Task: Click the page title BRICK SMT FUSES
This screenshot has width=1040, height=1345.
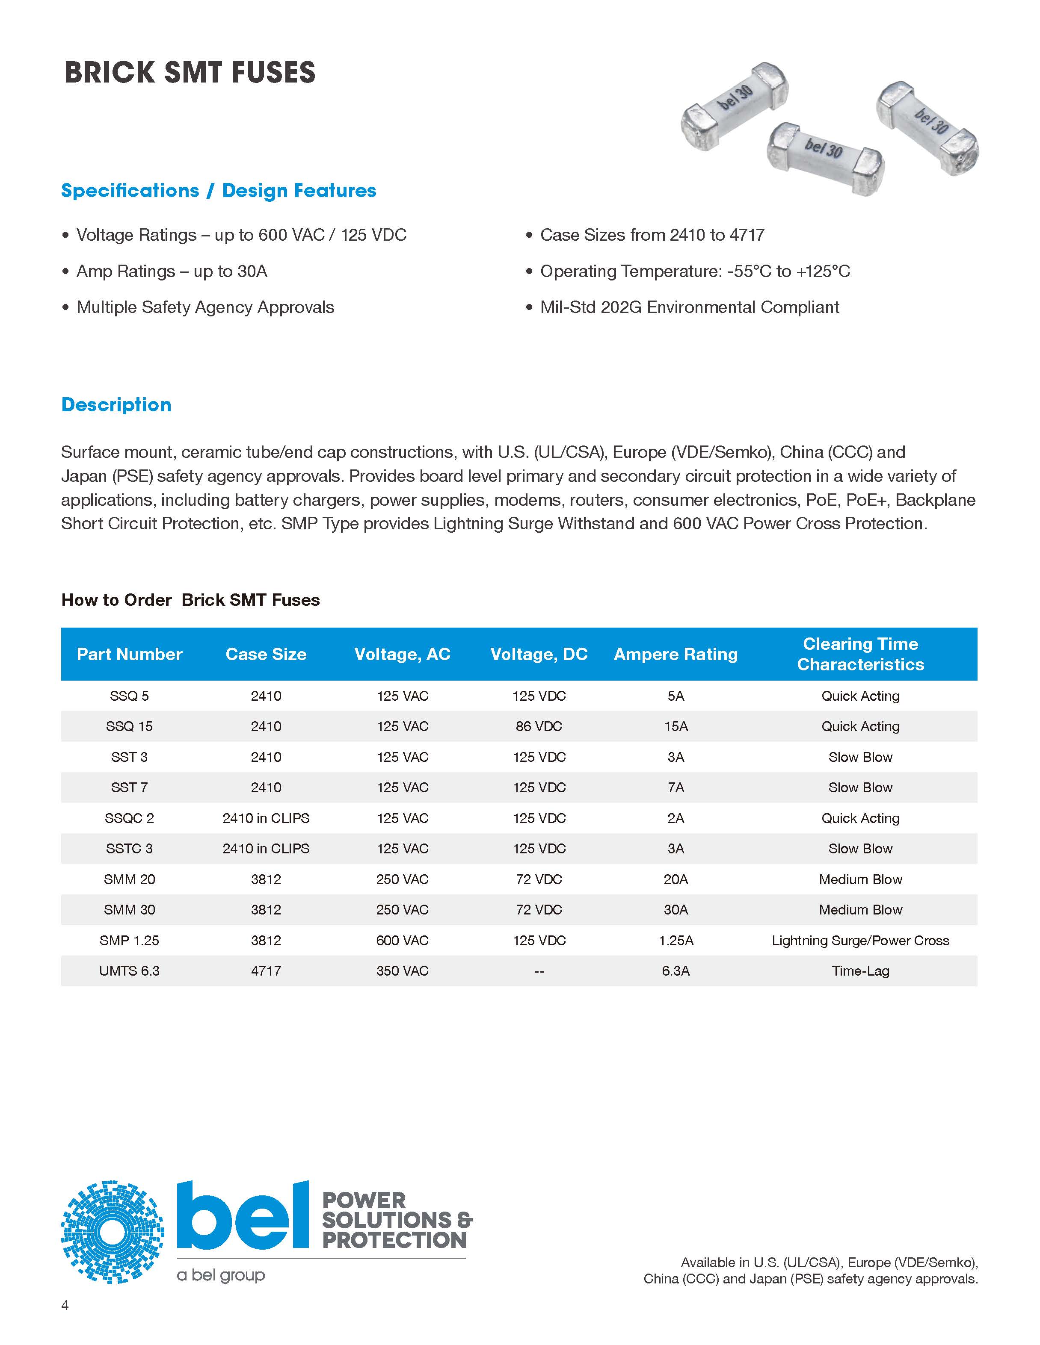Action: point(190,73)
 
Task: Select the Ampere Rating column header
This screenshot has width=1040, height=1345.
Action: point(675,654)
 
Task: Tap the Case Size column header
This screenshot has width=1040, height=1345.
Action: point(266,654)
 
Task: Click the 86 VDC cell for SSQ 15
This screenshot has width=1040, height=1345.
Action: point(539,726)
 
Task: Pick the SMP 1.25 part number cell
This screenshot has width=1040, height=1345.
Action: point(129,941)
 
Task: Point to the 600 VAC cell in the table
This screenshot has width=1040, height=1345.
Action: point(402,941)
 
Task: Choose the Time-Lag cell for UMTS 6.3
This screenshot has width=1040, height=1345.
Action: point(860,971)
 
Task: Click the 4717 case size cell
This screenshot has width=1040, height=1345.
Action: point(266,971)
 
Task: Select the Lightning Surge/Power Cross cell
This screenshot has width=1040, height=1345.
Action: point(860,941)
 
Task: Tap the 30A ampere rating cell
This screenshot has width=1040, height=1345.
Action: point(675,910)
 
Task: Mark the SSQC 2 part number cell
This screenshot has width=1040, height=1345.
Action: point(129,818)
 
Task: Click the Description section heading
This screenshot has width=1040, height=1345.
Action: point(116,404)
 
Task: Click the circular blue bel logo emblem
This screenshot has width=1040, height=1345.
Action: point(113,1232)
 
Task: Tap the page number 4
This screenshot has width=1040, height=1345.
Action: point(65,1305)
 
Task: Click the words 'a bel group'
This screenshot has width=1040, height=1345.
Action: point(221,1275)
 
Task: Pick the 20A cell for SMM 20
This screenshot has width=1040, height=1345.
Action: point(675,879)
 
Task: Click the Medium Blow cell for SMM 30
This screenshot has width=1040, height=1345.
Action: point(860,910)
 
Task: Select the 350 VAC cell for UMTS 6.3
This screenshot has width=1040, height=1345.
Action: point(402,971)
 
